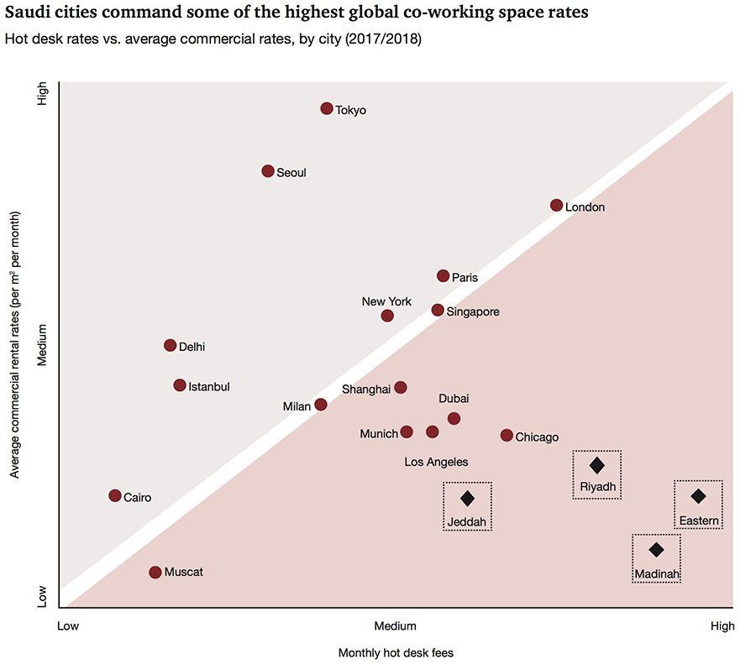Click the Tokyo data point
pyautogui.click(x=327, y=108)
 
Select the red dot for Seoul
pyautogui.click(x=268, y=171)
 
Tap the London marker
pyautogui.click(x=556, y=206)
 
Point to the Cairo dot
pyautogui.click(x=115, y=495)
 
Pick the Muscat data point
pyautogui.click(x=155, y=572)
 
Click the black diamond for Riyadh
pyautogui.click(x=596, y=465)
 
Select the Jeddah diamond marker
pyautogui.click(x=468, y=498)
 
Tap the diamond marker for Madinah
pyautogui.click(x=656, y=550)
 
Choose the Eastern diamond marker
pyautogui.click(x=698, y=496)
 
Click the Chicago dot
pyautogui.click(x=507, y=435)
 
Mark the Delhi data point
pyautogui.click(x=171, y=345)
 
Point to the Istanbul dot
pyautogui.click(x=180, y=385)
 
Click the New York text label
pyautogui.click(x=386, y=301)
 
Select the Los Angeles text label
pyautogui.click(x=436, y=462)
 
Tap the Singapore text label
pyautogui.click(x=473, y=312)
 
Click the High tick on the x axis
pyautogui.click(x=722, y=625)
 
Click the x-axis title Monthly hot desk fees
pyautogui.click(x=396, y=652)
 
